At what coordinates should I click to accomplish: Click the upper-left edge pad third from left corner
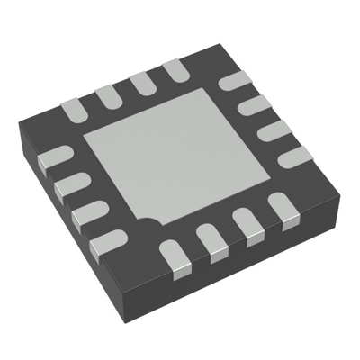click(140, 81)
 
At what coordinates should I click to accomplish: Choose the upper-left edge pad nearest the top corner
click(174, 68)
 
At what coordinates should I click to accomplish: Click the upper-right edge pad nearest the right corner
click(290, 158)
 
